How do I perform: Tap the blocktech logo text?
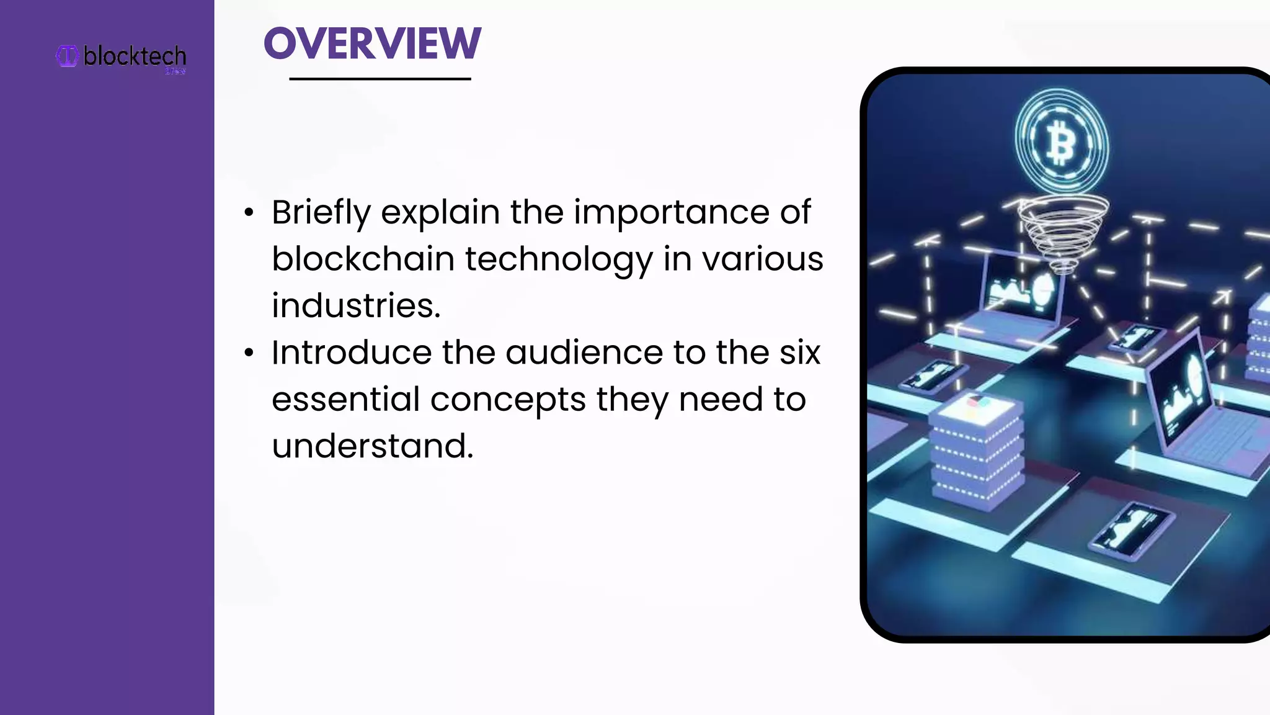(135, 56)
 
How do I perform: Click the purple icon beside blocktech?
(67, 56)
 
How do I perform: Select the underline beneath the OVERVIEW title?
(380, 79)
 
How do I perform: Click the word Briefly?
(321, 213)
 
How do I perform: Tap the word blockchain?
(363, 259)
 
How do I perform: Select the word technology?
(559, 260)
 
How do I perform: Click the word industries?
(355, 305)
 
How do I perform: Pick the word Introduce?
(351, 353)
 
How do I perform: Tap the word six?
(799, 353)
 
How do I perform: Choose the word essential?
(345, 399)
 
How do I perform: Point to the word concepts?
(508, 400)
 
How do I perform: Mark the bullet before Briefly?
(249, 213)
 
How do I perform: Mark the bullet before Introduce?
(249, 353)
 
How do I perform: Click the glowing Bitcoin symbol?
(1061, 142)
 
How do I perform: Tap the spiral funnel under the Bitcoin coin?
(1062, 233)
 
